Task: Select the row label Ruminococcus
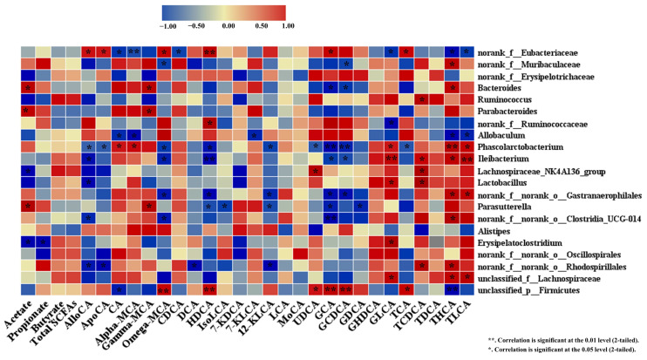[x=506, y=100]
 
